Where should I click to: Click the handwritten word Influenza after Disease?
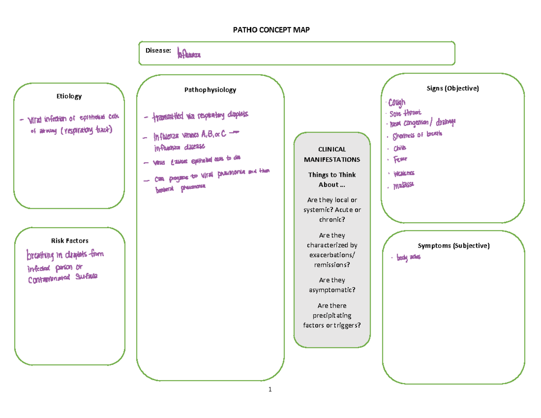pos(189,55)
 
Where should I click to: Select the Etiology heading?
pos(69,96)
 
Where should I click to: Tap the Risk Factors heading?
pos(69,240)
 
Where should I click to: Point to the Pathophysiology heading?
pos(210,90)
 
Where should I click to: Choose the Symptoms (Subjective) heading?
pos(453,246)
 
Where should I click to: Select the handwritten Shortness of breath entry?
pos(417,135)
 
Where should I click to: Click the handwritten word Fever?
pos(400,160)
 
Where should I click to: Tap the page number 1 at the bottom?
pos(270,390)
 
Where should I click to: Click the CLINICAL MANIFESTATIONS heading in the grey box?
pos(331,154)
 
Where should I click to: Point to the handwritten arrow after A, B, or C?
pos(235,133)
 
